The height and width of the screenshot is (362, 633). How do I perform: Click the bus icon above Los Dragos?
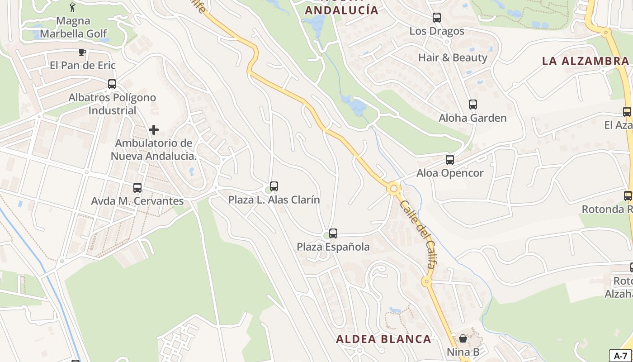[437, 18]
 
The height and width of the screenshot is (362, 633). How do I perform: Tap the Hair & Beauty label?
[453, 57]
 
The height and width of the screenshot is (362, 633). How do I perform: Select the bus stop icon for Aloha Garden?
[473, 105]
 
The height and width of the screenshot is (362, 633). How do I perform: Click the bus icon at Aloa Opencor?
[450, 160]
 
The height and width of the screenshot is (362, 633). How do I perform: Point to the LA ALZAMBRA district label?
[585, 61]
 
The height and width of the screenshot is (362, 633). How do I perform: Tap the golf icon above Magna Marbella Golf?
[72, 7]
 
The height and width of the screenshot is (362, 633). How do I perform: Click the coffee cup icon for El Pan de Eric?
[82, 52]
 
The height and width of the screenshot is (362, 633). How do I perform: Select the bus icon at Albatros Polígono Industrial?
[112, 84]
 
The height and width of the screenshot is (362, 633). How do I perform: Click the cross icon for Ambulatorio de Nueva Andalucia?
[154, 130]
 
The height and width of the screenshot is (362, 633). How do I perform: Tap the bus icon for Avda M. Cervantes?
[137, 188]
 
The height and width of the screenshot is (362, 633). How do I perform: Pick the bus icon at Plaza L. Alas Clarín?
[274, 186]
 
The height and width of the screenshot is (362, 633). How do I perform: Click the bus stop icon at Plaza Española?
[333, 233]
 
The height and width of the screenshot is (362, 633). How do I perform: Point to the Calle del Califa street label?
[418, 234]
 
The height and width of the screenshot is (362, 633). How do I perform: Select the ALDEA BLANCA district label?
[383, 339]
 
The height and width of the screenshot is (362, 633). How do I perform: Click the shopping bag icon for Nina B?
[463, 338]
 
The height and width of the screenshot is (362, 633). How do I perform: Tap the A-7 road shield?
[620, 356]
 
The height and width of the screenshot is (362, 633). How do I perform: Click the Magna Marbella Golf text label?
[73, 27]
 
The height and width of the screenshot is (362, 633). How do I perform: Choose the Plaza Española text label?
[333, 247]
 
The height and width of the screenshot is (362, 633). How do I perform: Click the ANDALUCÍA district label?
[341, 10]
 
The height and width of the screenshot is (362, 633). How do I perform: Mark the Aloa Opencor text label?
[450, 173]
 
